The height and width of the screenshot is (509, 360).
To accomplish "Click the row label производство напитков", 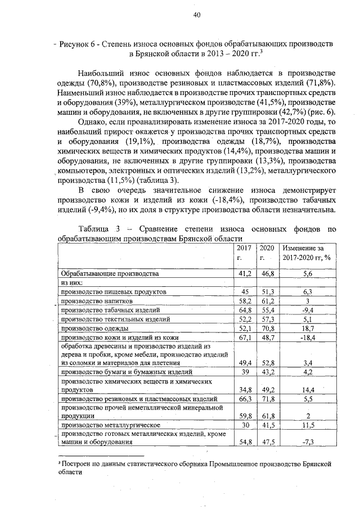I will click(x=96, y=301).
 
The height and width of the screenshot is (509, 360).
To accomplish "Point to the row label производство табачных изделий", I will click(x=110, y=310).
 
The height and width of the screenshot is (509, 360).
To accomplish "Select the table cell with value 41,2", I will click(x=245, y=273).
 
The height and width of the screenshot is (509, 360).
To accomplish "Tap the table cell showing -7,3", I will click(x=307, y=442).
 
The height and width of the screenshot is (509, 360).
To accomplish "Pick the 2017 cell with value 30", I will click(x=245, y=425).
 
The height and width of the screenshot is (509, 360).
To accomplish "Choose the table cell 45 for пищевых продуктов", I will click(x=245, y=292).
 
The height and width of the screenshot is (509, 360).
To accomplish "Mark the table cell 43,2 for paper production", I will click(x=267, y=372).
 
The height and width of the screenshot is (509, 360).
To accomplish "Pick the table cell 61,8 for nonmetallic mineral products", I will click(x=267, y=416).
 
